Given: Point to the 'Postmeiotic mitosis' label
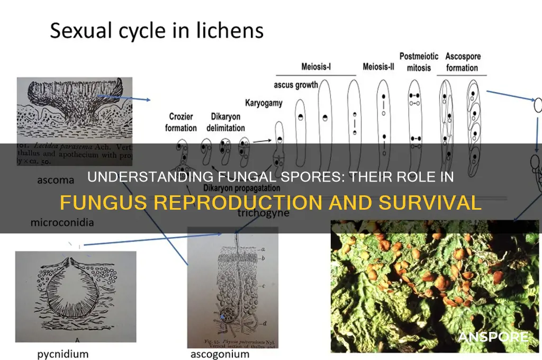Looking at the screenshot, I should [415, 62].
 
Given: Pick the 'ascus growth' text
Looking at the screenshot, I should [296, 85].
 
